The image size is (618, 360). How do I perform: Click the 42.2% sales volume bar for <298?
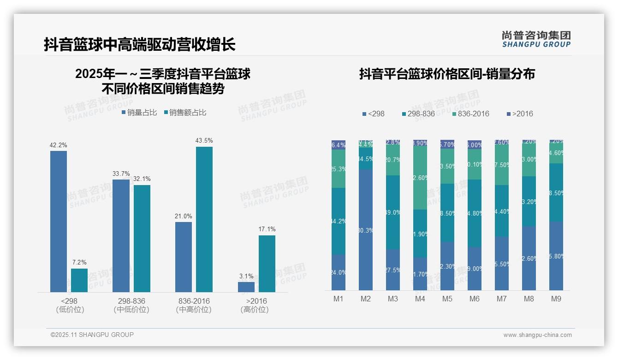pos(59,222)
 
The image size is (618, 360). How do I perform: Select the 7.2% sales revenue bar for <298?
pos(79,280)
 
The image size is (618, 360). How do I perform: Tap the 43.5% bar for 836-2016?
pos(204,219)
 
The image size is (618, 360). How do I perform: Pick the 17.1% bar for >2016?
pos(267,264)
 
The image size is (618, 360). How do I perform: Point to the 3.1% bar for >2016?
pos(246,287)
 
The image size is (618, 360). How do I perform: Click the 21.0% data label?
pos(184,216)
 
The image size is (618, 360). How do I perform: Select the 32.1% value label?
pos(142,179)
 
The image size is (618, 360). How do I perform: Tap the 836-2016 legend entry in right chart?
pos(470,114)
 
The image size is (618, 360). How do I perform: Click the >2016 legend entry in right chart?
pos(520,114)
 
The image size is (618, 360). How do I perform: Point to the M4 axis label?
pos(420,299)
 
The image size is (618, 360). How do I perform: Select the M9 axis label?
pos(556,299)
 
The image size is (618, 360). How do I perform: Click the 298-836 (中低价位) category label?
pos(131,305)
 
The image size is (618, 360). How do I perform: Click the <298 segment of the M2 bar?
pos(366,230)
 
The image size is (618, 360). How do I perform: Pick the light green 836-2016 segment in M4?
pos(420,178)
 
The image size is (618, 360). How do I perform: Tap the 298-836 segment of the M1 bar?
pos(339,221)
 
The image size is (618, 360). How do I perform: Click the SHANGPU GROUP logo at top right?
pos(536,39)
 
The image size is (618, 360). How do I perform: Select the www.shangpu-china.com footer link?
pos(537,335)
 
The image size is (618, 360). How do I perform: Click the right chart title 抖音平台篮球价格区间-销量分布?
pos(446,74)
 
